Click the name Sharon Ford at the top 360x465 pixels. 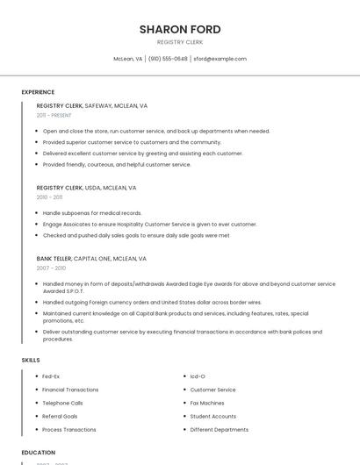click(x=180, y=29)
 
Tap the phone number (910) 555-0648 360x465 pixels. click(x=168, y=59)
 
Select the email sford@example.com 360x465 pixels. click(x=220, y=59)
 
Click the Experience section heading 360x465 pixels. click(x=38, y=92)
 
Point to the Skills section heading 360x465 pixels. click(x=31, y=360)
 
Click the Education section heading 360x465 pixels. click(x=38, y=453)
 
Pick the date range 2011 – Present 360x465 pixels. click(x=54, y=115)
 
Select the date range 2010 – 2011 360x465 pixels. click(x=49, y=197)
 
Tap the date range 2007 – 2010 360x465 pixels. click(x=51, y=268)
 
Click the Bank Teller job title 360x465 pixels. click(x=54, y=259)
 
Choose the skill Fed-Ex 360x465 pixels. click(x=51, y=376)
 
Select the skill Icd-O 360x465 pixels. click(x=198, y=376)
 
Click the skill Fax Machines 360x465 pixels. click(x=207, y=403)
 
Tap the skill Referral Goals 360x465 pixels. click(x=60, y=416)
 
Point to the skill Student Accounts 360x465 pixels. click(x=212, y=416)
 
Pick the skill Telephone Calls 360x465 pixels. click(x=62, y=403)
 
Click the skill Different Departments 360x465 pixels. click(x=219, y=430)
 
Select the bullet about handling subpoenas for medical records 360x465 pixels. click(x=92, y=213)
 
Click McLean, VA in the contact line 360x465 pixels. click(x=127, y=59)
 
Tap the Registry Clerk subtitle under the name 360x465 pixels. click(x=180, y=42)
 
